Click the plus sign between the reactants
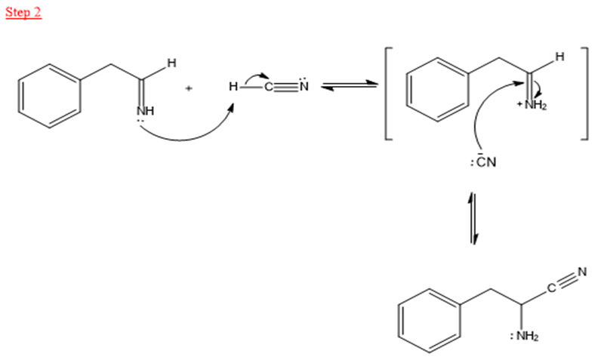point(189,88)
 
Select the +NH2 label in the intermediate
point(532,105)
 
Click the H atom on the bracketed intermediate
point(559,57)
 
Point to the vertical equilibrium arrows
point(473,218)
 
